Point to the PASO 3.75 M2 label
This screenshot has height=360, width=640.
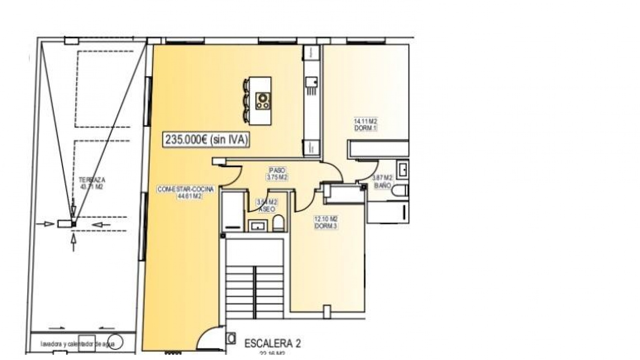tap(277, 174)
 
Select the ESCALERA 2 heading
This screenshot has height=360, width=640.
tap(272, 344)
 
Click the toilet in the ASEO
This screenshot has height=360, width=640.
tap(278, 223)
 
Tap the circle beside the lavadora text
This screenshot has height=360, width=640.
tap(116, 342)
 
